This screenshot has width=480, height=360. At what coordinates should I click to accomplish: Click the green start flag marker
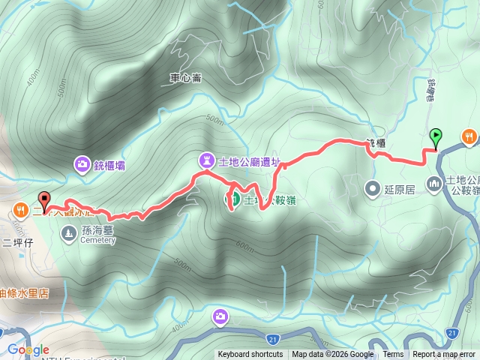436,136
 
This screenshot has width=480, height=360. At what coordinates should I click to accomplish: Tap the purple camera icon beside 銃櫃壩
82,164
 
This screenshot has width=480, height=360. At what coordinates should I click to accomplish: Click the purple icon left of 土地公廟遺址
206,160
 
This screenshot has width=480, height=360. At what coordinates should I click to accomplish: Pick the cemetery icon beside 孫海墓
69,235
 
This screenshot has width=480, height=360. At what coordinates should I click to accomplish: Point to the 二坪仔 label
18,241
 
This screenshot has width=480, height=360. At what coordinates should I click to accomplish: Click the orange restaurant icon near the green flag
469,136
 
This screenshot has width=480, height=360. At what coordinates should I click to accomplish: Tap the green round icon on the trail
233,199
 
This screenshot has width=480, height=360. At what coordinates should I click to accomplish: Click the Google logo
28,349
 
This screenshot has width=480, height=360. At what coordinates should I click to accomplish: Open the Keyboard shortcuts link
250,355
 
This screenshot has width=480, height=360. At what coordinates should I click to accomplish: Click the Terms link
393,355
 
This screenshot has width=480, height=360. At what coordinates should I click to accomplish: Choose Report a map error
445,355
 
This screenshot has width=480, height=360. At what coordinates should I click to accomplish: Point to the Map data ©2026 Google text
333,355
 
